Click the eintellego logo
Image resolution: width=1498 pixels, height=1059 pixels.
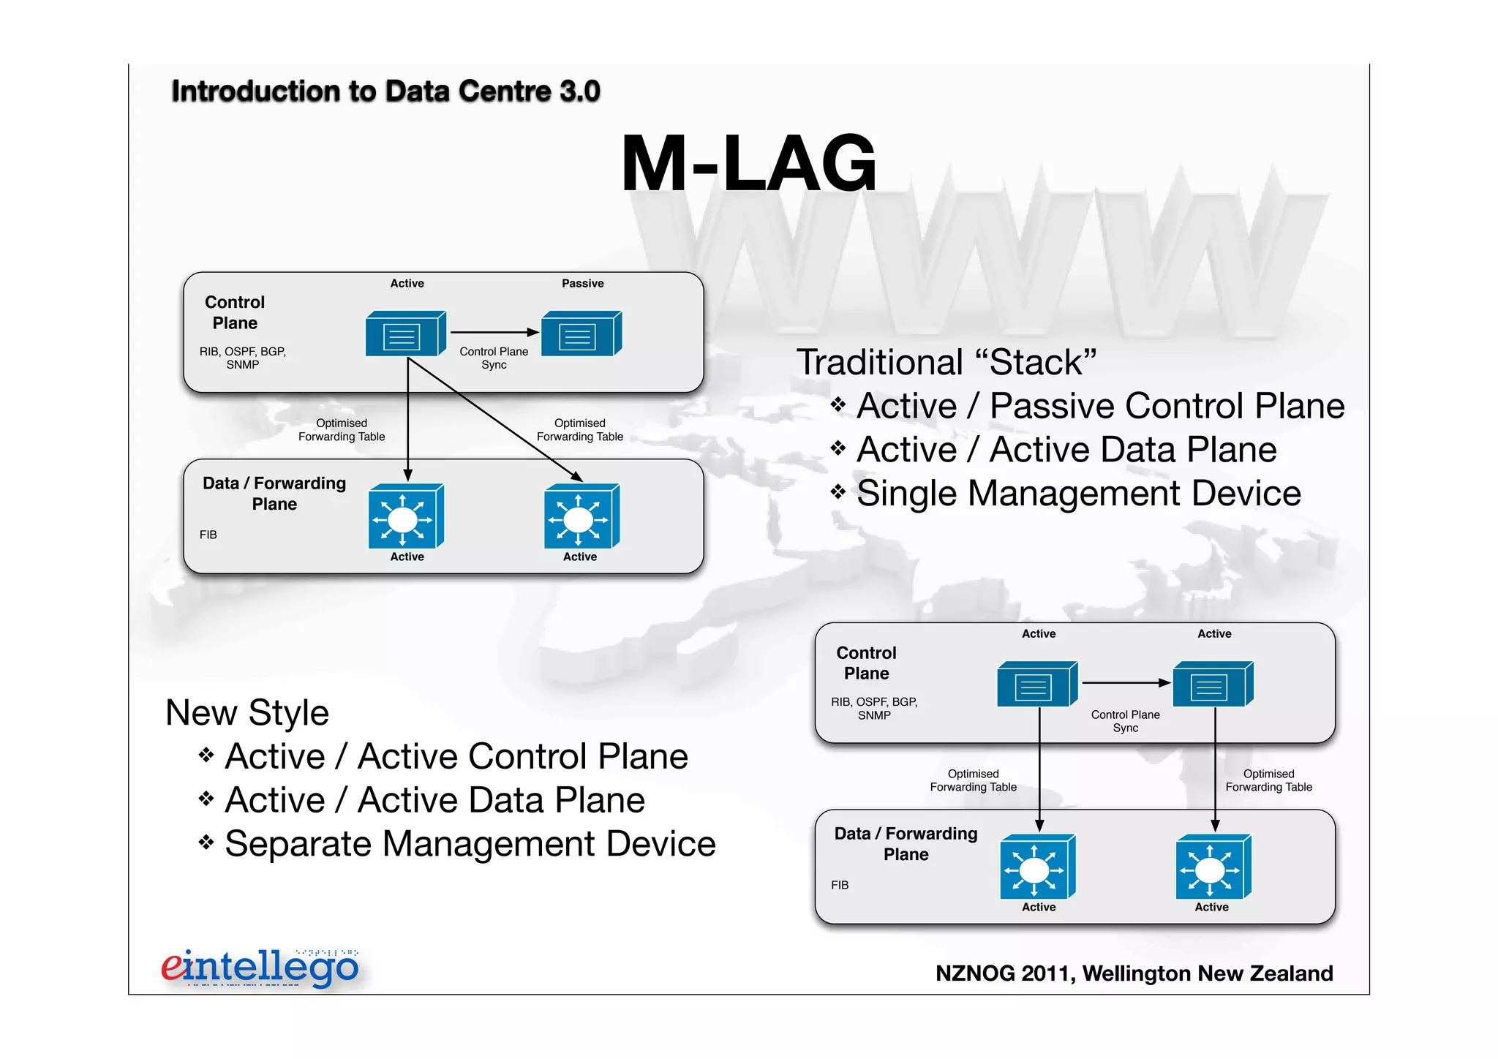point(260,968)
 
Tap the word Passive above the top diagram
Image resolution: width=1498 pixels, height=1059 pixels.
point(582,283)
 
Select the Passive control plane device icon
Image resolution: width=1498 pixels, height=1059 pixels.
point(581,333)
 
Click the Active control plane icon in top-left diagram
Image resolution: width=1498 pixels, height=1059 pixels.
point(405,333)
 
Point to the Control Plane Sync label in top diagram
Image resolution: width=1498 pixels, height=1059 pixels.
point(494,358)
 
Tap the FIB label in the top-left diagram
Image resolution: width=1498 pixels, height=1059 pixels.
point(208,535)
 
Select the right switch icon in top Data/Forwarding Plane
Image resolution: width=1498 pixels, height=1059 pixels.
point(581,516)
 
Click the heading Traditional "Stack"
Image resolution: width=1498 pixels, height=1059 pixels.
point(946,362)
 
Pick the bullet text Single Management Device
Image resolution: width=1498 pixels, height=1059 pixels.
point(1078,493)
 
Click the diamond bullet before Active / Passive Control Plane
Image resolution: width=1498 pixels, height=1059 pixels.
point(838,405)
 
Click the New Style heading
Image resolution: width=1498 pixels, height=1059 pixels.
point(247,712)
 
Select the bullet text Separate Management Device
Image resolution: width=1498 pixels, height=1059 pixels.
point(470,843)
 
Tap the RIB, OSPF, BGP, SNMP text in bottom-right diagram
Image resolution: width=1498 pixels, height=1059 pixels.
point(874,708)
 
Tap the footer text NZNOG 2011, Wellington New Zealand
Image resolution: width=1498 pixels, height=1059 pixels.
point(1134,973)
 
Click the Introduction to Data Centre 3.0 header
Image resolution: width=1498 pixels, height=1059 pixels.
point(385,91)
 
